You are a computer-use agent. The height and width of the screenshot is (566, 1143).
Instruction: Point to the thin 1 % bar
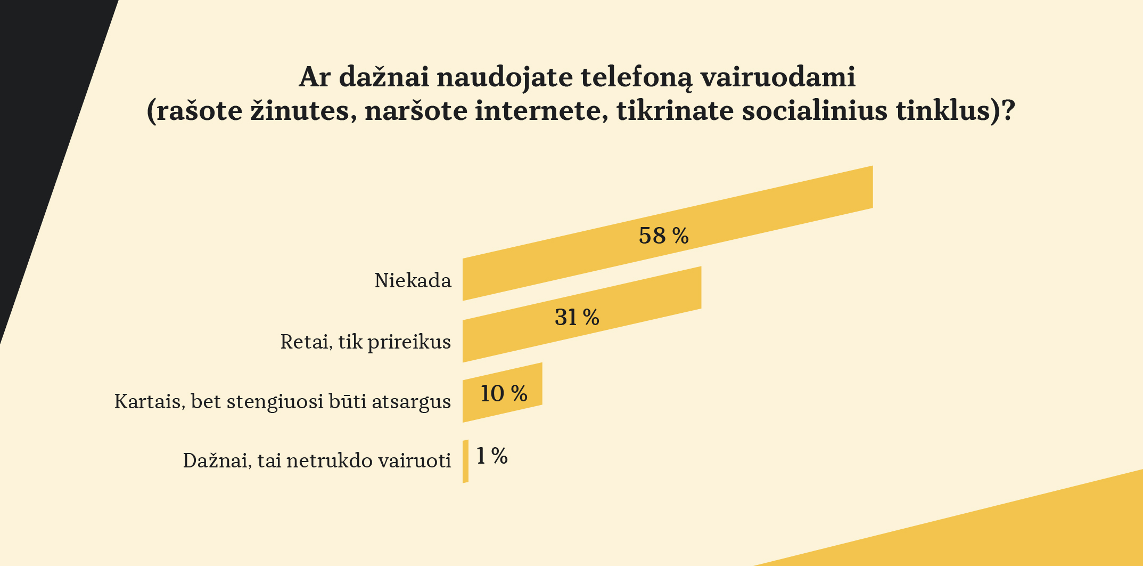(x=465, y=462)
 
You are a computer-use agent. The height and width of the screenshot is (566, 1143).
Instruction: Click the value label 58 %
(x=663, y=236)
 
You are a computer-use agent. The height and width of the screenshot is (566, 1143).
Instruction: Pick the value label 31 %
(x=577, y=318)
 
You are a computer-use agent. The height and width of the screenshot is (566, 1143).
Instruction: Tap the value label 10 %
(x=504, y=394)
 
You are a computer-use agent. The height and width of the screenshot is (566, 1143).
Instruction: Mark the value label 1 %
(x=491, y=456)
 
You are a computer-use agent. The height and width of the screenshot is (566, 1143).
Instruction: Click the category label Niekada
(x=413, y=280)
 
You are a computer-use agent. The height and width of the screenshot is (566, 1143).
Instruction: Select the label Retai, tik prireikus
(x=365, y=342)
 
